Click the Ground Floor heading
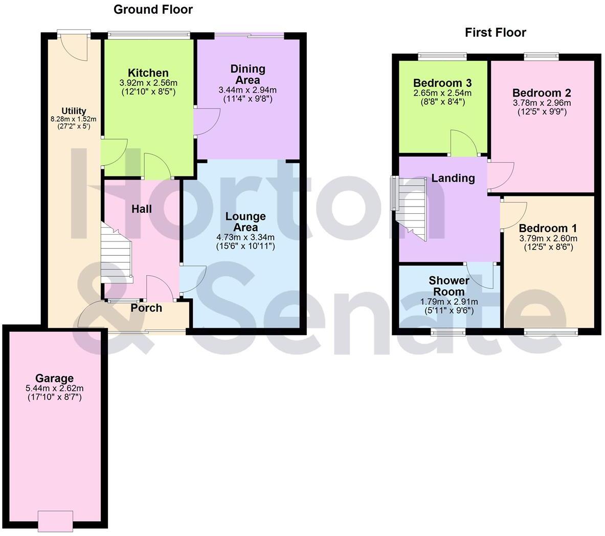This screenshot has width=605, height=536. [x=153, y=9]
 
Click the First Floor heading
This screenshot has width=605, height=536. [x=495, y=33]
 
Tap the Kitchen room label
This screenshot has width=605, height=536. [x=148, y=73]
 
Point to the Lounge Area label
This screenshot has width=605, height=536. [x=245, y=222]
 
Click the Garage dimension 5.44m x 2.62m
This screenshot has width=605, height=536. [x=54, y=388]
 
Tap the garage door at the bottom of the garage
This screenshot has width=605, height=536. [x=55, y=520]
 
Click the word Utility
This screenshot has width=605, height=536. [x=74, y=111]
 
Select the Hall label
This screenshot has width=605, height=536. [x=142, y=209]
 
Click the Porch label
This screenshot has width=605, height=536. [x=146, y=308]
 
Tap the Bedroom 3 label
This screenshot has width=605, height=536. [x=442, y=83]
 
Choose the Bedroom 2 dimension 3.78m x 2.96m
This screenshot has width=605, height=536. [x=542, y=102]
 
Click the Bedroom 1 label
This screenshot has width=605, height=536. [x=548, y=228]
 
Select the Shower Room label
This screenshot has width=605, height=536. [x=449, y=286]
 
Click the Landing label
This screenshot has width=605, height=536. [x=453, y=178]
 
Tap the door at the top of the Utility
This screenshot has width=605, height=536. [x=74, y=35]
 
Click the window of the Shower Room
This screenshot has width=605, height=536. [x=448, y=332]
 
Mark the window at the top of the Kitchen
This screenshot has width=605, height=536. [x=149, y=35]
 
